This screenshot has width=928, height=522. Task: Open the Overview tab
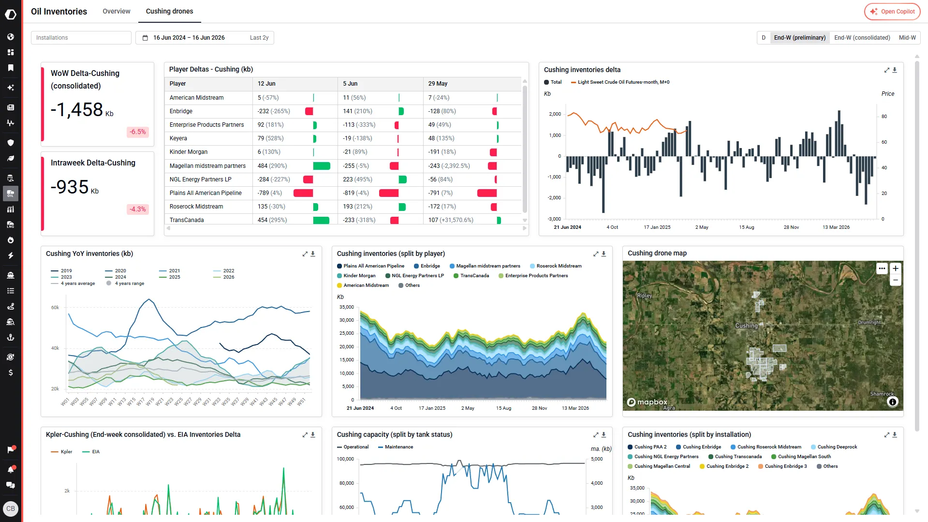(116, 11)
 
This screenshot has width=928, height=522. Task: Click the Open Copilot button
(892, 12)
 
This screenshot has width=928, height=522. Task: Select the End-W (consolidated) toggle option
(862, 38)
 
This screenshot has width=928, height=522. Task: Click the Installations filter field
(81, 38)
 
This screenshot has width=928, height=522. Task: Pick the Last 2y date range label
(259, 38)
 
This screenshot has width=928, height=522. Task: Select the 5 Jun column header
(350, 84)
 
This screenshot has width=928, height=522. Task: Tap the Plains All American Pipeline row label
(206, 193)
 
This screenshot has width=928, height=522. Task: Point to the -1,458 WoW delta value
(77, 110)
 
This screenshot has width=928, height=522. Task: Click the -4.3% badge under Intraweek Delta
(138, 209)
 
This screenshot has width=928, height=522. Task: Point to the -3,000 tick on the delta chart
(554, 219)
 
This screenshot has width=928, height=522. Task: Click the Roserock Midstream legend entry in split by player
(556, 266)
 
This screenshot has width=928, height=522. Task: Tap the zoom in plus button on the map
(896, 268)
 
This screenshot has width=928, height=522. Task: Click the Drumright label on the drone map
(869, 323)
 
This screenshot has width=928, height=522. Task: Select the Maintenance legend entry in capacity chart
(396, 447)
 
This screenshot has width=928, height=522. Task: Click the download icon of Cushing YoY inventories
(313, 254)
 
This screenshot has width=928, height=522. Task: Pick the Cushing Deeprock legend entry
(834, 447)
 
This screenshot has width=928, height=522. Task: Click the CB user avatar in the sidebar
(11, 509)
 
